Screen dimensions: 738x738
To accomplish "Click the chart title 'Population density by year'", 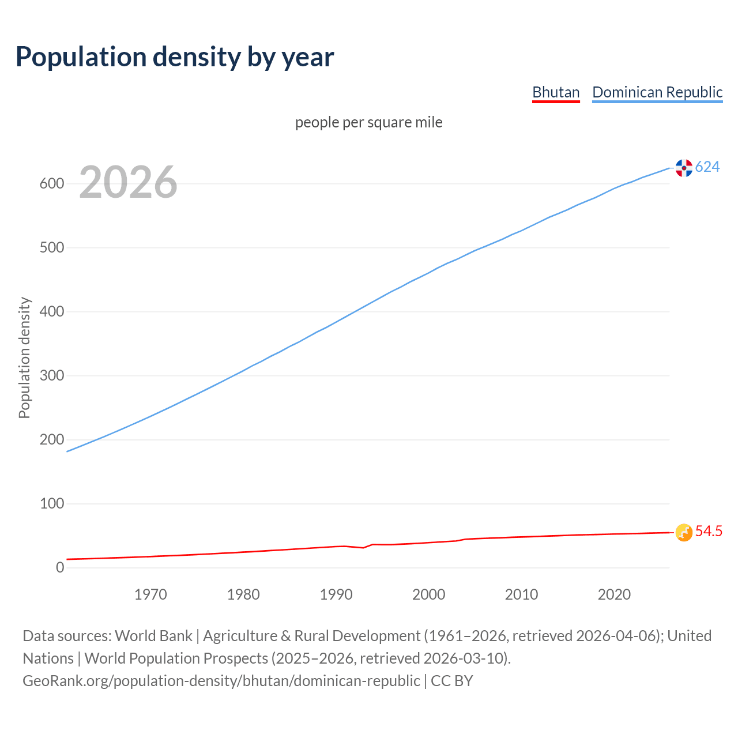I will tap(175, 57).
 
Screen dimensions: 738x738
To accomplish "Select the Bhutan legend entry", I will tap(555, 92).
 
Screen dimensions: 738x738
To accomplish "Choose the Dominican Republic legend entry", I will tap(657, 92).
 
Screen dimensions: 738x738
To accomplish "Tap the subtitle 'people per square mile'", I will tap(368, 123).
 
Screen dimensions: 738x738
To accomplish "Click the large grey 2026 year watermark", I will tap(128, 182).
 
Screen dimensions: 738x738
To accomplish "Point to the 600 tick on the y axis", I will tap(51, 184).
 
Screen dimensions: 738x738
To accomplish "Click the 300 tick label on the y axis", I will tap(51, 376).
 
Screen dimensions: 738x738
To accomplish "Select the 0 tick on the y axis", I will tap(60, 568).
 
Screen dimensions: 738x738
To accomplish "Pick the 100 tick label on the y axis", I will tap(51, 504).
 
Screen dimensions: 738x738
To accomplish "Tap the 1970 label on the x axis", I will tap(150, 594).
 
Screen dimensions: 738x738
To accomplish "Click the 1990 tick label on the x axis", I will tap(336, 594).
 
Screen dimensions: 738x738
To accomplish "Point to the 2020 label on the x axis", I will tap(614, 594).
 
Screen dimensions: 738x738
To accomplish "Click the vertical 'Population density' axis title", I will tap(24, 357).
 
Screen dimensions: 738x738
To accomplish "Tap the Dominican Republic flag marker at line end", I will tap(684, 168).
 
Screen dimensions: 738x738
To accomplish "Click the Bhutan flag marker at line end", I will tap(684, 533).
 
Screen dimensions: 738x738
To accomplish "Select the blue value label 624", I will tap(707, 167).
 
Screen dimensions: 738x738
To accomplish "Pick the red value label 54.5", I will tap(709, 532).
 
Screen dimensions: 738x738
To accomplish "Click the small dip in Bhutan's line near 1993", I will tap(363, 547).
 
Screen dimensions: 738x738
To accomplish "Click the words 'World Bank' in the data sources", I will tap(153, 636).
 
